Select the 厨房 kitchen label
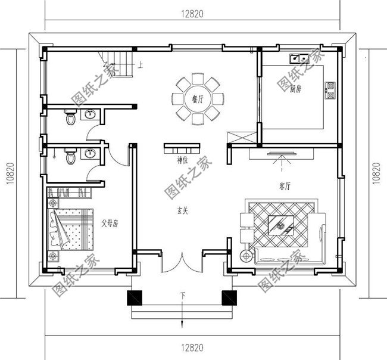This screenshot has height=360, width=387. pos(296,89)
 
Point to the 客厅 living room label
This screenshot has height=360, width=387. pos(284,187)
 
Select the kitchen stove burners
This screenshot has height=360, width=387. pos(329,89)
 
